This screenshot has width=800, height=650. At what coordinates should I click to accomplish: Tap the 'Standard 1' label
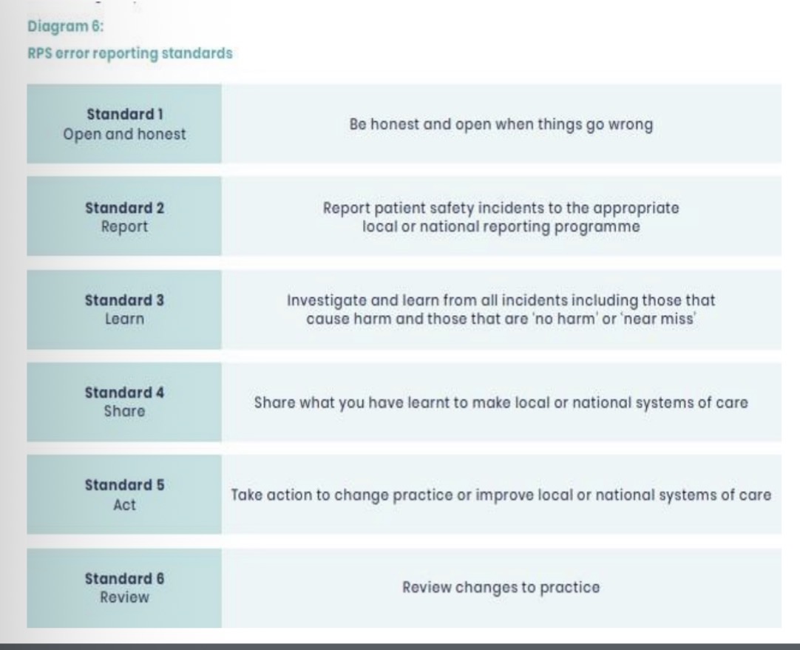pos(123,116)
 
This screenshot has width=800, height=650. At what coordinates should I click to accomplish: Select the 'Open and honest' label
pos(123,135)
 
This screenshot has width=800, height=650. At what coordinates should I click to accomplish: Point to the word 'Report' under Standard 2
pos(123,227)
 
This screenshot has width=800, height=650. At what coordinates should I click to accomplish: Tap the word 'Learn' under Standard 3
pos(123,319)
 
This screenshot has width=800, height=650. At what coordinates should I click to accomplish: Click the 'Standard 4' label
pos(123,393)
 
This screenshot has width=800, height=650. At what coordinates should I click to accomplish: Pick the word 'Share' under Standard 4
pos(123,412)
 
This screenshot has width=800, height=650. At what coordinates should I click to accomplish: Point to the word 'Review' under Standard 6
pos(123,597)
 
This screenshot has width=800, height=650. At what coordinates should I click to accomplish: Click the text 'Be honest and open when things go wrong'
pos(501,125)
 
